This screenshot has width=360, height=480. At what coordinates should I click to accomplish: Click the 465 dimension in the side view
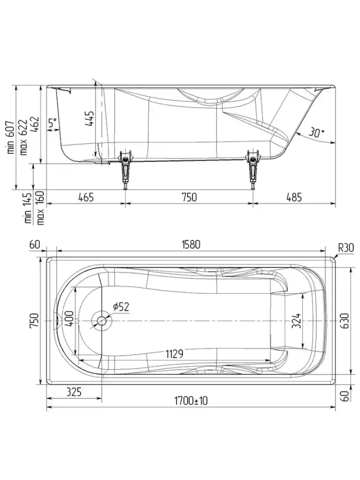[x=86, y=197]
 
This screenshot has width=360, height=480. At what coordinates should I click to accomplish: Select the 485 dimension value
[x=294, y=197]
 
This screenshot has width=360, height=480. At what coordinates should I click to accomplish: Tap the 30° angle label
[x=316, y=133]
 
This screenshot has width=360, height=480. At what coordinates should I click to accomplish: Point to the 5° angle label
[x=53, y=123]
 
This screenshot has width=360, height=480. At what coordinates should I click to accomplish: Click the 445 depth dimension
[x=90, y=118]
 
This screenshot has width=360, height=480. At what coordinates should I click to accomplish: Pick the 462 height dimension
[x=34, y=125]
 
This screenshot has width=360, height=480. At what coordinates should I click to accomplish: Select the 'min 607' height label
[x=11, y=137]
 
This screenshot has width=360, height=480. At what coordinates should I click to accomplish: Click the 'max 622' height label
[x=23, y=137]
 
